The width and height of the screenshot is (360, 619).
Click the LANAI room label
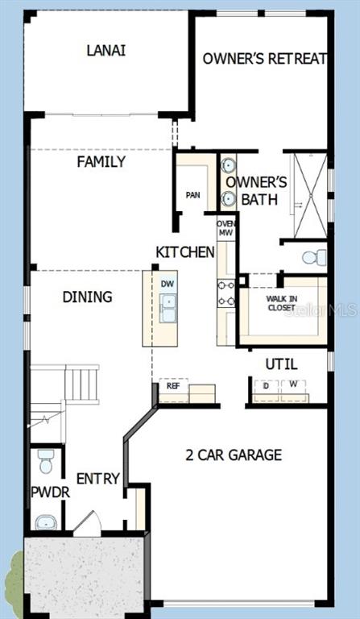click(x=106, y=51)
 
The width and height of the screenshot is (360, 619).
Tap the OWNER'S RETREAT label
click(x=265, y=58)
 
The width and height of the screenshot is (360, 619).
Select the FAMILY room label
click(x=101, y=161)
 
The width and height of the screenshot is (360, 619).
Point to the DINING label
click(x=87, y=297)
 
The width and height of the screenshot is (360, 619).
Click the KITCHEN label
click(x=185, y=251)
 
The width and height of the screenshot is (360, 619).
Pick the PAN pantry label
click(x=192, y=195)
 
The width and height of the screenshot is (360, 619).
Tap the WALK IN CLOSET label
click(x=281, y=303)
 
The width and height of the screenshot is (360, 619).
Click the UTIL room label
click(x=281, y=364)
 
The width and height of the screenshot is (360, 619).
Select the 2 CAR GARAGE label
click(x=234, y=455)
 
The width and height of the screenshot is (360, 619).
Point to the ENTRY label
click(x=97, y=479)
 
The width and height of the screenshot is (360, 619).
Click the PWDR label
click(x=51, y=492)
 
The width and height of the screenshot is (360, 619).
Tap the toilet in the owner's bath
click(x=314, y=258)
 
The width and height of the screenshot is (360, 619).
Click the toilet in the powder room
click(x=46, y=462)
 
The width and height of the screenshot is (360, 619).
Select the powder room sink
click(x=46, y=523)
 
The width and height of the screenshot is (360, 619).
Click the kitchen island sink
click(x=168, y=308)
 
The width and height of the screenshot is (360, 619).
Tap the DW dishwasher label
click(x=168, y=284)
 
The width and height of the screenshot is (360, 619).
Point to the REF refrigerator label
click(x=173, y=386)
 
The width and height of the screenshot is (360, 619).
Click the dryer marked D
click(x=266, y=387)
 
